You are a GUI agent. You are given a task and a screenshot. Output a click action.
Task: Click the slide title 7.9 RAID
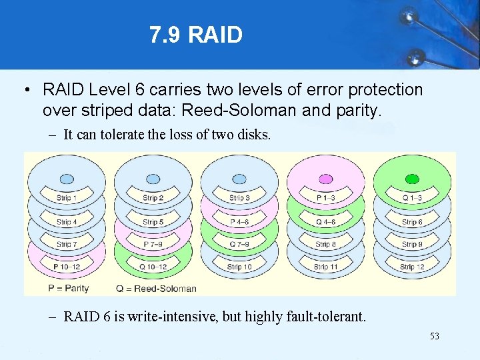pyautogui.click(x=195, y=35)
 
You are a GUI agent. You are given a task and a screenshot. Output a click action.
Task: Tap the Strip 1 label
pyautogui.click(x=67, y=198)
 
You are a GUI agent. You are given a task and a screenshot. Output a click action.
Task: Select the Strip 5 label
pyautogui.click(x=153, y=222)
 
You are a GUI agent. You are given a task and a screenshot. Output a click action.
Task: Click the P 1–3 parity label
pyautogui.click(x=326, y=198)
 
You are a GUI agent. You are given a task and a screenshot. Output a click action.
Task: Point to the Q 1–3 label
pyautogui.click(x=412, y=198)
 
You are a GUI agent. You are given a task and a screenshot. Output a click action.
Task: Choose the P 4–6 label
pyautogui.click(x=239, y=222)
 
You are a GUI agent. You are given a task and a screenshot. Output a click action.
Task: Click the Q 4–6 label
pyautogui.click(x=326, y=222)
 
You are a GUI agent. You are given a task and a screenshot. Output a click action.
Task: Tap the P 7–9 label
pyautogui.click(x=153, y=245)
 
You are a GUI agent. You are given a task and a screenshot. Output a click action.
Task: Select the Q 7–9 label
pyautogui.click(x=239, y=245)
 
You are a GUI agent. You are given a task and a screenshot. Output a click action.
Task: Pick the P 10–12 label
pyautogui.click(x=67, y=267)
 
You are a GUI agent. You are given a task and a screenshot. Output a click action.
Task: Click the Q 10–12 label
pyautogui.click(x=153, y=267)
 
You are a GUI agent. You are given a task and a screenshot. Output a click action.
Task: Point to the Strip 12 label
pyautogui.click(x=412, y=267)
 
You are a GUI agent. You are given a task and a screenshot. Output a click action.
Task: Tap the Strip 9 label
pyautogui.click(x=412, y=245)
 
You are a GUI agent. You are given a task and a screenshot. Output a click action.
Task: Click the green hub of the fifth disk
pyautogui.click(x=412, y=179)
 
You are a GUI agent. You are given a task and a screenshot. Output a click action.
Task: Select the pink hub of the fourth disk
pyautogui.click(x=326, y=179)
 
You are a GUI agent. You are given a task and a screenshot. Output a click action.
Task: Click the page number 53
pyautogui.click(x=434, y=337)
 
